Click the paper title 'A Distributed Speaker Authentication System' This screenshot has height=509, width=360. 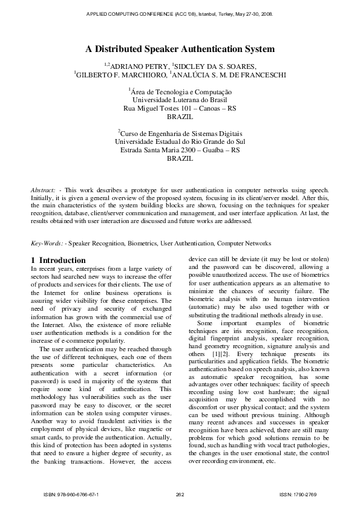click(180, 49)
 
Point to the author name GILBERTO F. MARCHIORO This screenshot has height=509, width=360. click(120, 75)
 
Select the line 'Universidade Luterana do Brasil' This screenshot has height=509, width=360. click(180, 100)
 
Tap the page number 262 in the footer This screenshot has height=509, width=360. click(180, 494)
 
